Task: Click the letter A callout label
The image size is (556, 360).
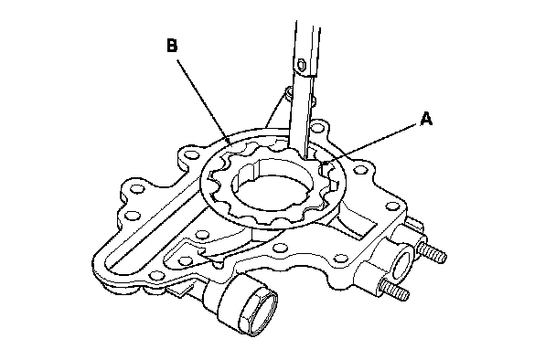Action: (x=426, y=119)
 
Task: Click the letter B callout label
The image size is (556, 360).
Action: (x=172, y=46)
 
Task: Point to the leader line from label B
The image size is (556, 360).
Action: (x=204, y=102)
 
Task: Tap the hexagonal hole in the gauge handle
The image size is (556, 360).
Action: (x=302, y=65)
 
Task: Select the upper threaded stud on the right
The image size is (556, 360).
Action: (x=432, y=253)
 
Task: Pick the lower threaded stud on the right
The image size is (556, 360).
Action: (x=394, y=289)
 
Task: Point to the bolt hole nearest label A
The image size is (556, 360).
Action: (x=360, y=169)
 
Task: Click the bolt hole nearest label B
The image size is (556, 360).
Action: (x=192, y=154)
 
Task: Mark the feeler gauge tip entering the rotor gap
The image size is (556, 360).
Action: (x=306, y=156)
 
